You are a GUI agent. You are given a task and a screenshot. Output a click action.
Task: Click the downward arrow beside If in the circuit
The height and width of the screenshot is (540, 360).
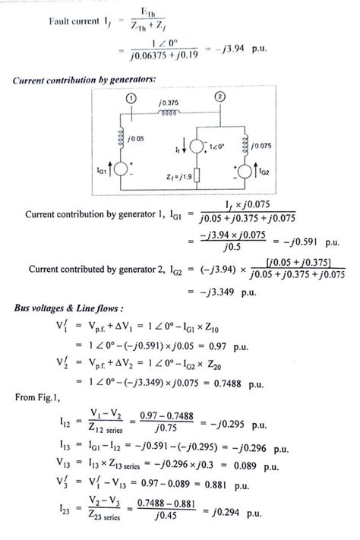187,141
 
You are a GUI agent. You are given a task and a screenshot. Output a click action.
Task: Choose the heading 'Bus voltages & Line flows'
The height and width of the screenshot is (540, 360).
71,311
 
